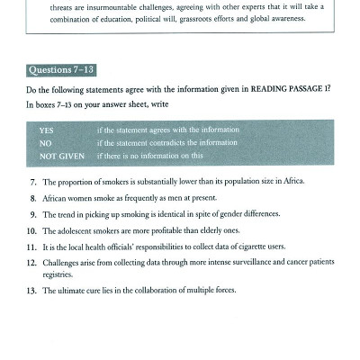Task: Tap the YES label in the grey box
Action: pyautogui.click(x=46, y=130)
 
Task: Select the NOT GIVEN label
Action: pyautogui.click(x=57, y=155)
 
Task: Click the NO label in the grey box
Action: pyautogui.click(x=45, y=142)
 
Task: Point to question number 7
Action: pyautogui.click(x=32, y=182)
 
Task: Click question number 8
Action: pyautogui.click(x=32, y=197)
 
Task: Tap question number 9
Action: pyautogui.click(x=32, y=213)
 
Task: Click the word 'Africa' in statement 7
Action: pyautogui.click(x=292, y=182)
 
